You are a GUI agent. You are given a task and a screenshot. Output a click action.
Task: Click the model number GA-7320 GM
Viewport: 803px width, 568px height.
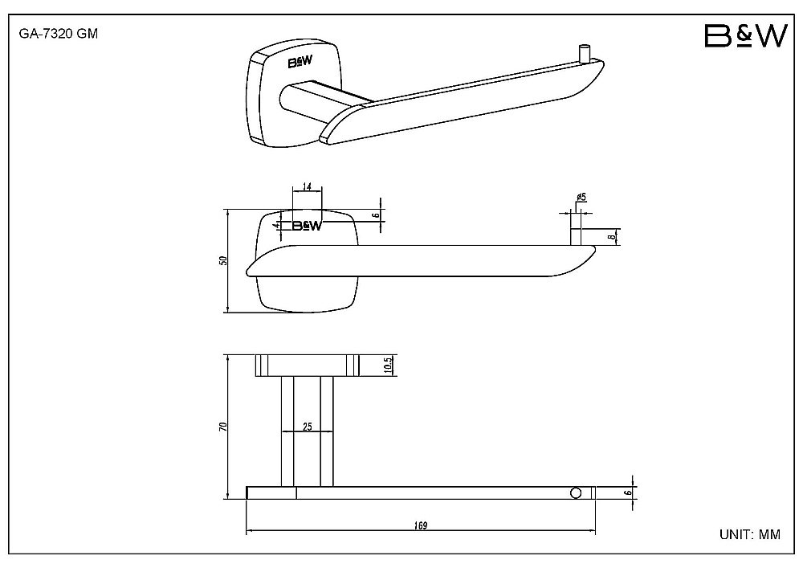click(x=59, y=34)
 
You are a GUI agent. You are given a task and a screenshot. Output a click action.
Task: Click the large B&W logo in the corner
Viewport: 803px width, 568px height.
click(x=746, y=36)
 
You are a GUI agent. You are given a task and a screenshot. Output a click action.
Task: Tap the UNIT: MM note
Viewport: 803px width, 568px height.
click(x=750, y=535)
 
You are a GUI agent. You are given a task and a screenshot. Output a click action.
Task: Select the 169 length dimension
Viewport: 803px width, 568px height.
click(x=421, y=525)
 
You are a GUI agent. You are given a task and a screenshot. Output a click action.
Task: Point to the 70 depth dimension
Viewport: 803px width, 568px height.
click(x=222, y=427)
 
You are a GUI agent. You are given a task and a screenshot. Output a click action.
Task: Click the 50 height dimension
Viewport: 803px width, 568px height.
click(x=222, y=260)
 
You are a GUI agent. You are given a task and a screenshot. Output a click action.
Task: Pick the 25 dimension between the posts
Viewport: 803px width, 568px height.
click(x=308, y=426)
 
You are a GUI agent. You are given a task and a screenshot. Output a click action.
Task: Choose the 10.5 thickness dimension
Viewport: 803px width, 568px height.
click(x=388, y=366)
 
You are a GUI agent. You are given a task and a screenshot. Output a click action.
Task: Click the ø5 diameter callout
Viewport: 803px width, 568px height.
click(x=581, y=197)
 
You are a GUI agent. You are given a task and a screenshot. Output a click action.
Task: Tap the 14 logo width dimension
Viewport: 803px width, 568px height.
click(x=307, y=186)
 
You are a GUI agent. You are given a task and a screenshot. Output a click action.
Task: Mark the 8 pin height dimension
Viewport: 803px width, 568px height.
click(x=611, y=237)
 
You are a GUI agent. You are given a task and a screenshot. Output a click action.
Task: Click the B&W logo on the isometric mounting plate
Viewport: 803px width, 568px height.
click(x=300, y=63)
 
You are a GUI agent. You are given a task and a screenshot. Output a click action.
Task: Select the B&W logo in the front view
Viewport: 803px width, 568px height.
click(x=307, y=226)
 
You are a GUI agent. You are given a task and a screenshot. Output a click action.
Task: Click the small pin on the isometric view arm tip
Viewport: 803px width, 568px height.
click(x=584, y=53)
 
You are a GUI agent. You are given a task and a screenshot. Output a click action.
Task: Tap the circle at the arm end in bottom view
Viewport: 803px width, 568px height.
click(x=576, y=493)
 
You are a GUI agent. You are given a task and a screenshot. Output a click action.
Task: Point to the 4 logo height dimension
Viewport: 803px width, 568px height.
click(x=276, y=226)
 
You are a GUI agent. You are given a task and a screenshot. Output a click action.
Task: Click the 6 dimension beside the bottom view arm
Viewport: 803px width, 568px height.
click(x=630, y=492)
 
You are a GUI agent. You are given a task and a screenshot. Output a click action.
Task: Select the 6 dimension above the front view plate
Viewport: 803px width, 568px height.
click(x=377, y=215)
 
